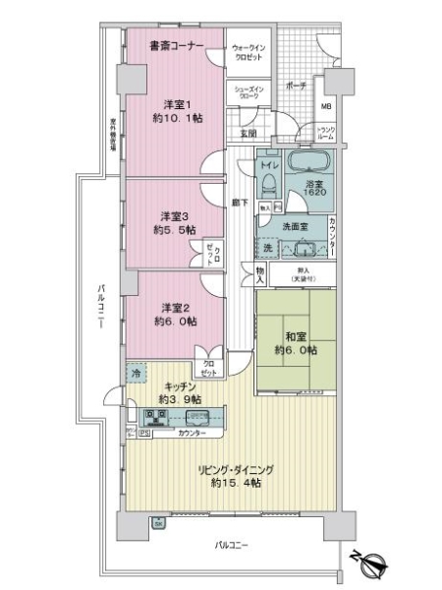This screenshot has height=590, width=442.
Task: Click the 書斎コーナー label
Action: (176, 46)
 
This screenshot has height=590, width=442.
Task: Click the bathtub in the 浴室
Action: (309, 162)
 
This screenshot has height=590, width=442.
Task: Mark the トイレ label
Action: (266, 166)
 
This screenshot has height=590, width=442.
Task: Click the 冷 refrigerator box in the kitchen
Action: (136, 373)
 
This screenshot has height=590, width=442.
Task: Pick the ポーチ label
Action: (295, 87)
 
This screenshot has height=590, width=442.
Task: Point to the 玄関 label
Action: (248, 133)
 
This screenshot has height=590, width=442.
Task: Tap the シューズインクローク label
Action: (248, 93)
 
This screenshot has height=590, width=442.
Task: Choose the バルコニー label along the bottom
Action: (234, 544)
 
